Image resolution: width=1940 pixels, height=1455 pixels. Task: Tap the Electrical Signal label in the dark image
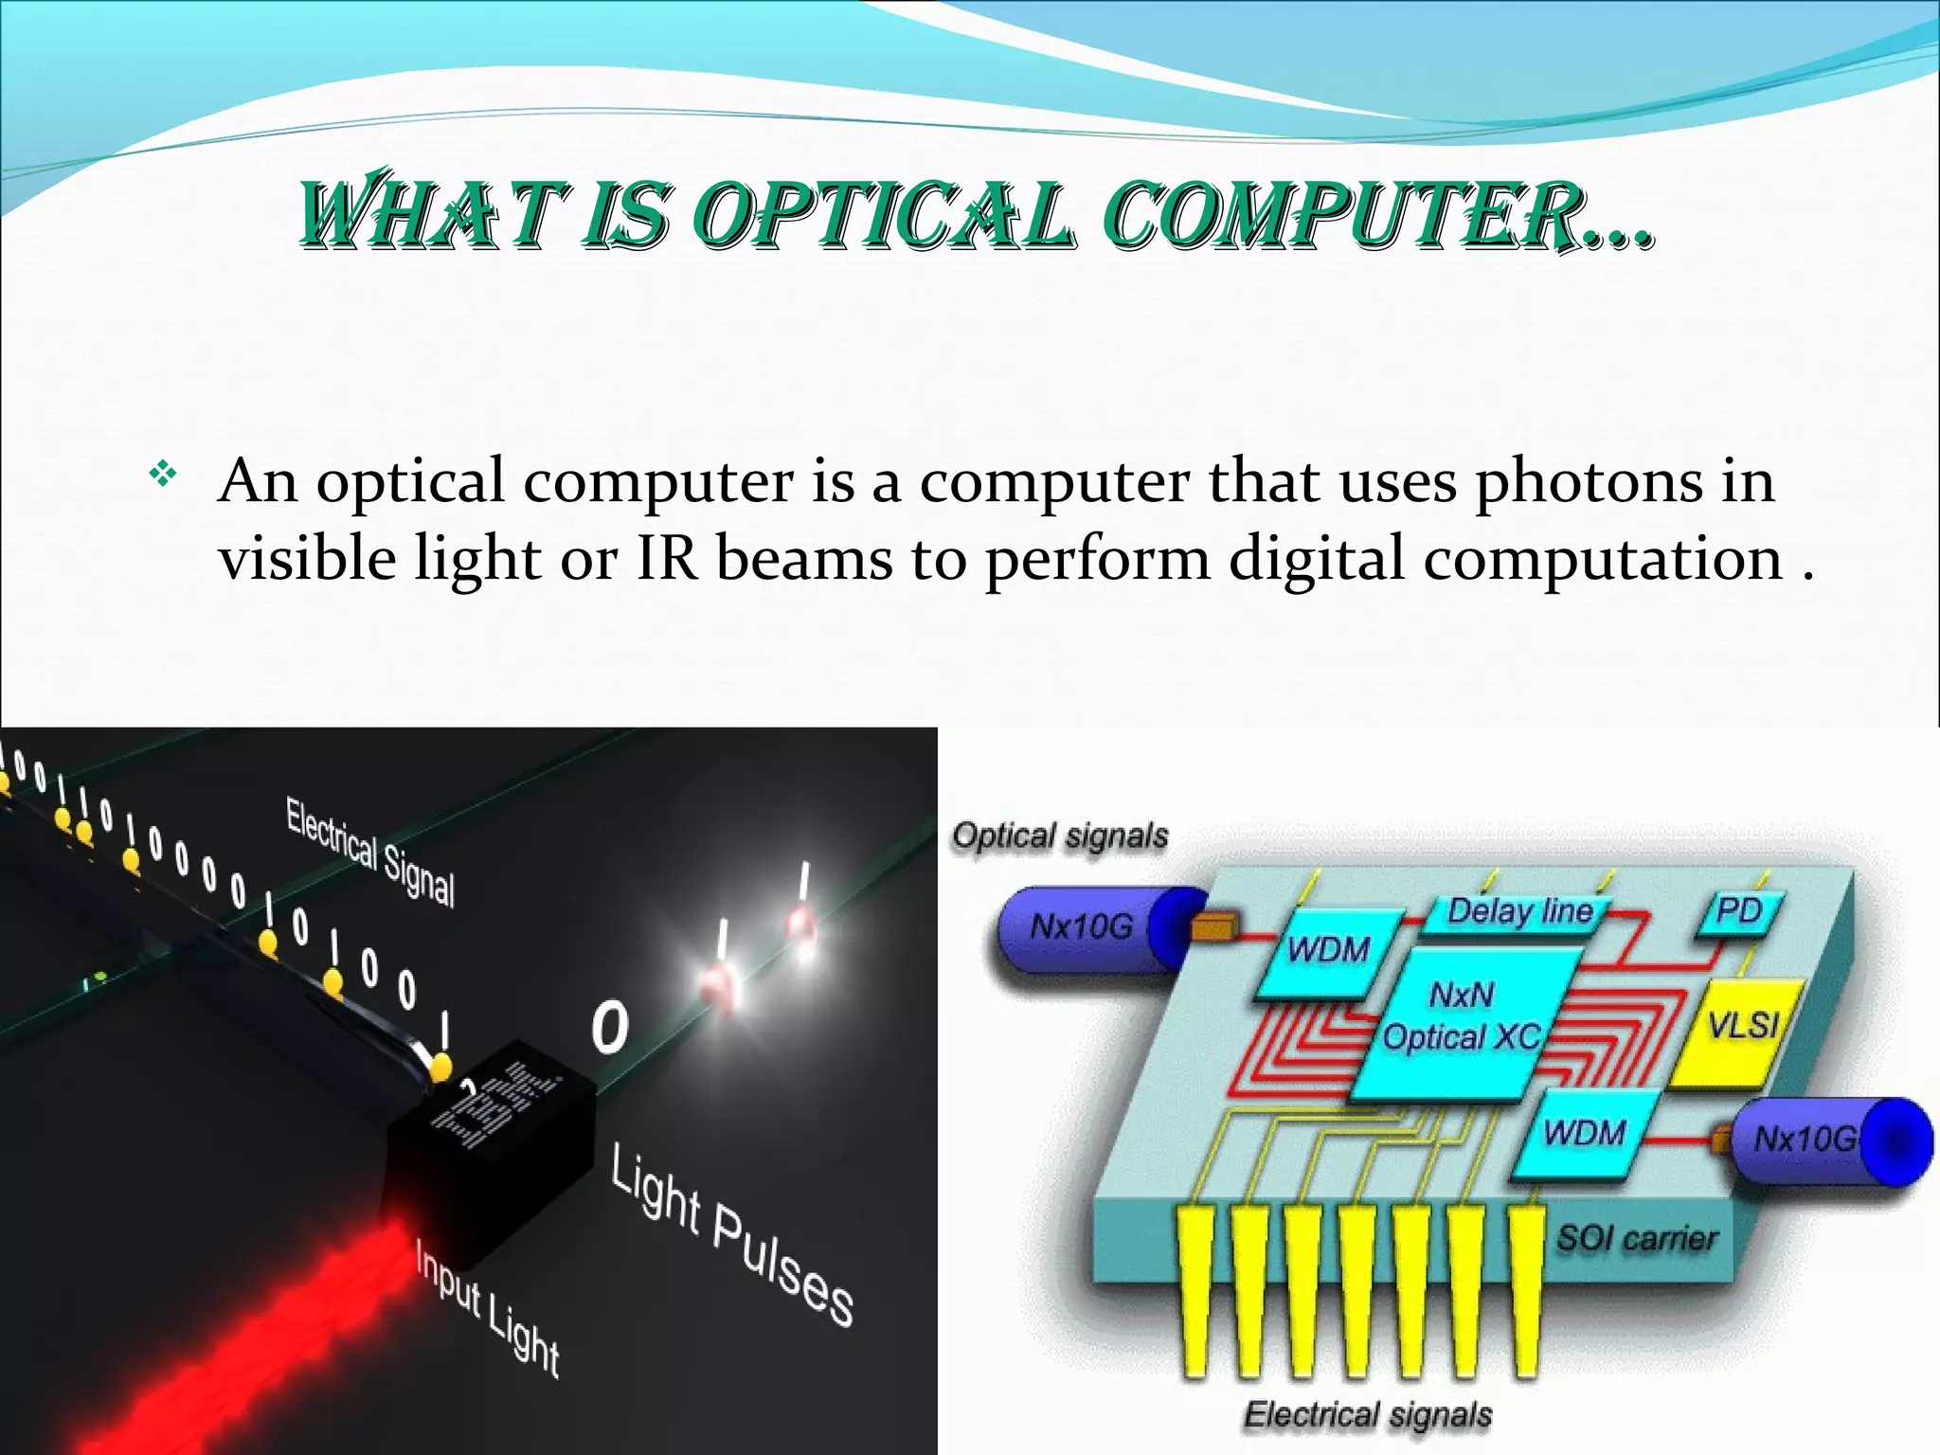(x=370, y=852)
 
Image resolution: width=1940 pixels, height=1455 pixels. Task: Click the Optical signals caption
(x=1060, y=836)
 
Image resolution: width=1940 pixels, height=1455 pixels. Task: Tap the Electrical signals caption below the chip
(x=1367, y=1414)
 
